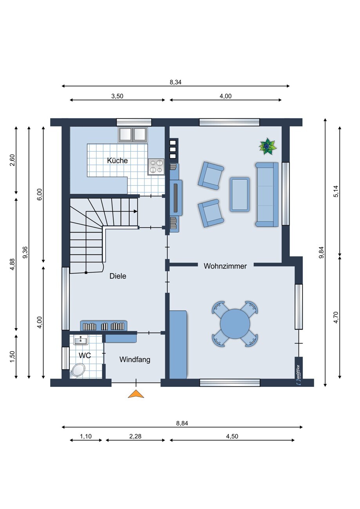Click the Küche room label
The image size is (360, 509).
coord(117,161)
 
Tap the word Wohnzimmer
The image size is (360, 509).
coord(225,266)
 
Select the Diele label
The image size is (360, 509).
coord(118,276)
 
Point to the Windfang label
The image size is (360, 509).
coord(135,360)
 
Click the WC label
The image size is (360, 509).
coord(85,356)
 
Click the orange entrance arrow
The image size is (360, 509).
coord(136,394)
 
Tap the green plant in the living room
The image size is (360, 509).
coord(268,146)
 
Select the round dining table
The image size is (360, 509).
coord(235,324)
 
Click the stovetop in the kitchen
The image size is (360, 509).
coord(156,166)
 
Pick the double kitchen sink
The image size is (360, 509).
coord(133,135)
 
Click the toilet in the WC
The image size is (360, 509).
coord(78,370)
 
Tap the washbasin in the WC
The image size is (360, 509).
coord(80,340)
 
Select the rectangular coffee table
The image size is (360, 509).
coord(240,195)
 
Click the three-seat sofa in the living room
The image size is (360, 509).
coord(267,194)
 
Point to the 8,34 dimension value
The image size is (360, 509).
coord(175,82)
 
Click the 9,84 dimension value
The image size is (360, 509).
coord(321,253)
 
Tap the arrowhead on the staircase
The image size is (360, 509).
coord(136,211)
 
